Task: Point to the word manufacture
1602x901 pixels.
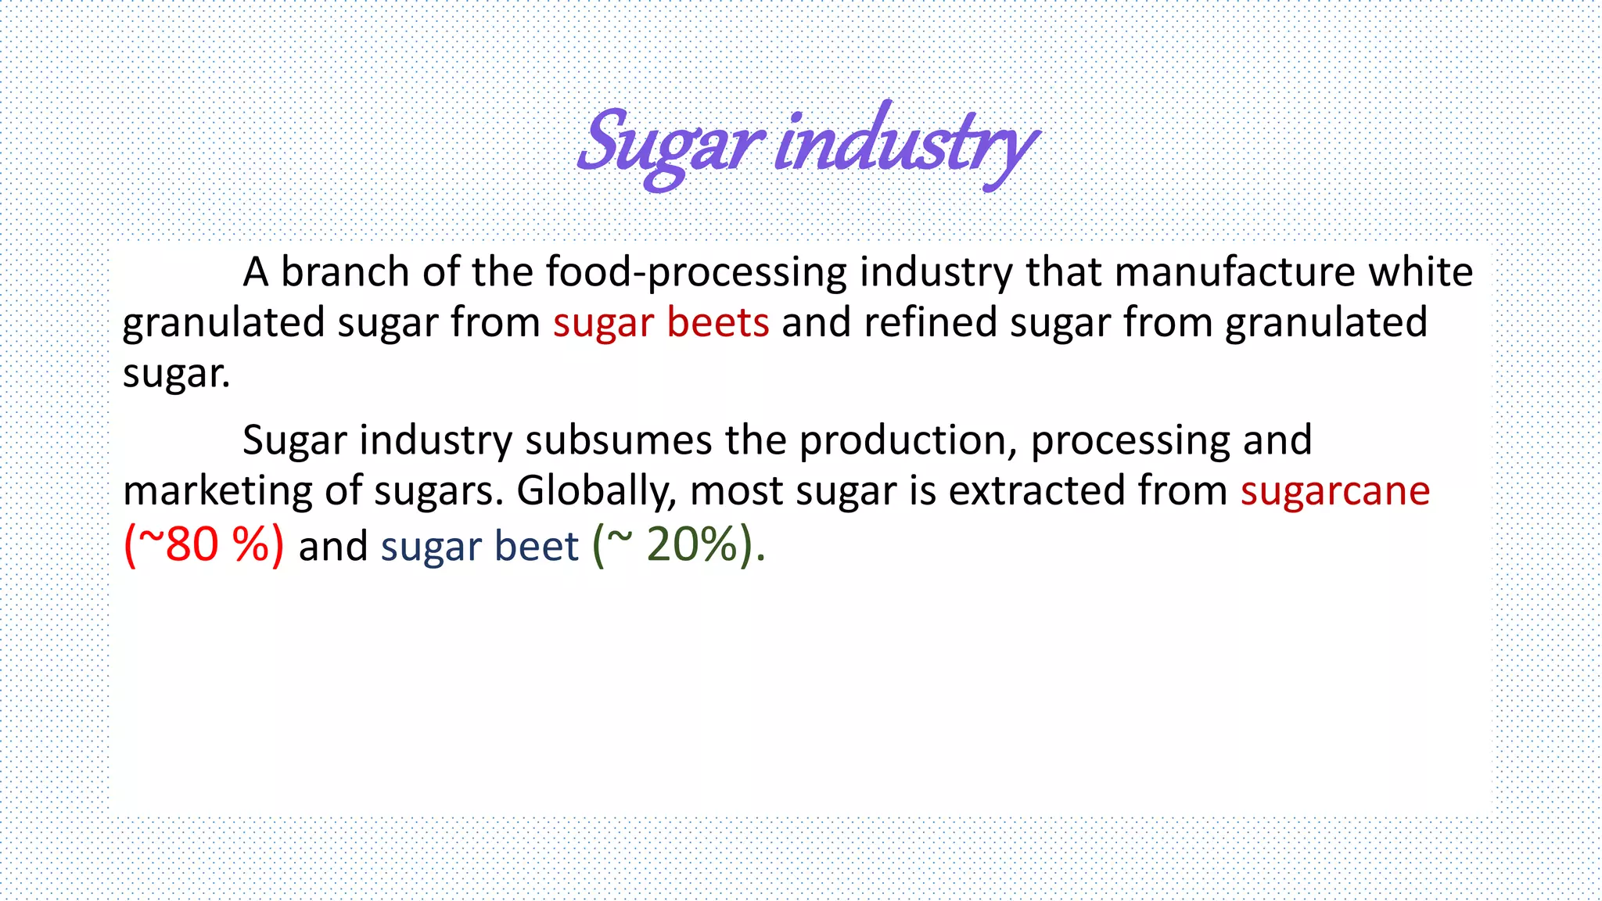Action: pyautogui.click(x=1235, y=272)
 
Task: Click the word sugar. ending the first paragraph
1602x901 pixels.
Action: pyautogui.click(x=177, y=374)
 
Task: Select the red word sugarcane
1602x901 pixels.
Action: pyautogui.click(x=1334, y=491)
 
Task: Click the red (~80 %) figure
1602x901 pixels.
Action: pyautogui.click(x=204, y=544)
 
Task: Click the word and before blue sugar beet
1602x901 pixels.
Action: pyautogui.click(x=333, y=546)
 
